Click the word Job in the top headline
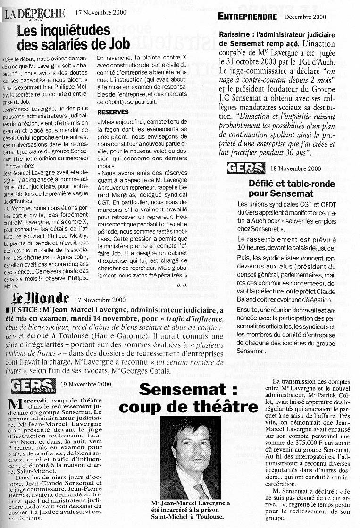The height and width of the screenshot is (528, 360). click(118, 45)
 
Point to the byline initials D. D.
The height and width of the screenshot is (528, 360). click(182, 285)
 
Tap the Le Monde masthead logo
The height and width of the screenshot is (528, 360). click(41, 299)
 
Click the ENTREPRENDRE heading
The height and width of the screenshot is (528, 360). click(247, 17)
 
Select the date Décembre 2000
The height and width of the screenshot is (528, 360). click(305, 17)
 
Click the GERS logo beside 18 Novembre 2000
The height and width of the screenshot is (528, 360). click(246, 168)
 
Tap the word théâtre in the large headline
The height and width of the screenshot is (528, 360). click(223, 406)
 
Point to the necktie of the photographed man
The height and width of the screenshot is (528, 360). click(201, 491)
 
